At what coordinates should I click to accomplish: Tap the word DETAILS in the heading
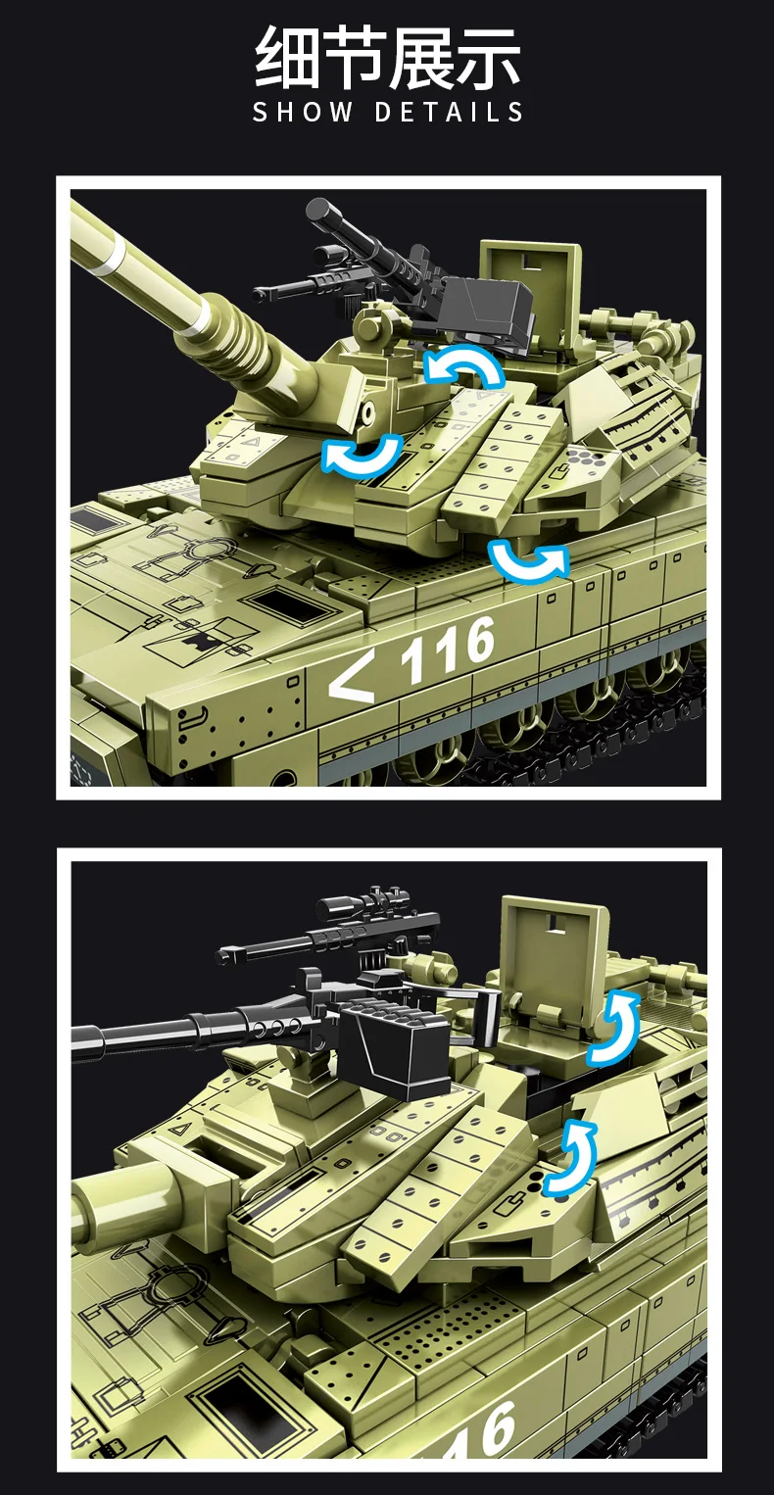(x=450, y=112)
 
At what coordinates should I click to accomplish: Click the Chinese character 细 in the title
(x=288, y=60)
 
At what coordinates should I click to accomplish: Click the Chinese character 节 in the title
(x=354, y=60)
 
